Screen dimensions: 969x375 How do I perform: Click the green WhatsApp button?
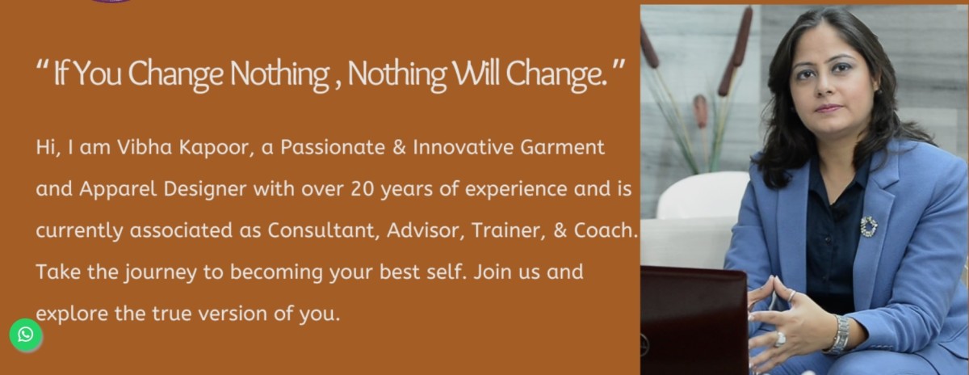(26, 335)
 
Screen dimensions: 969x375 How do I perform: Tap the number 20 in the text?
(363, 189)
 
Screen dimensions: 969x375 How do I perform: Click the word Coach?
(606, 230)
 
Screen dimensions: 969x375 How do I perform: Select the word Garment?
(562, 147)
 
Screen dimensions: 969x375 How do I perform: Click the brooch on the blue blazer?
(869, 226)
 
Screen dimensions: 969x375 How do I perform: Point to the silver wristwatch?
(840, 335)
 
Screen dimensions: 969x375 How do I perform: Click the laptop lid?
(694, 319)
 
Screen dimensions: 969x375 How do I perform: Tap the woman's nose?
(824, 87)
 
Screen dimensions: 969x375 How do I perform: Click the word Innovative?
(463, 147)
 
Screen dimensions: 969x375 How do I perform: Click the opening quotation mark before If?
(42, 66)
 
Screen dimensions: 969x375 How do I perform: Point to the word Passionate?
(333, 147)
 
